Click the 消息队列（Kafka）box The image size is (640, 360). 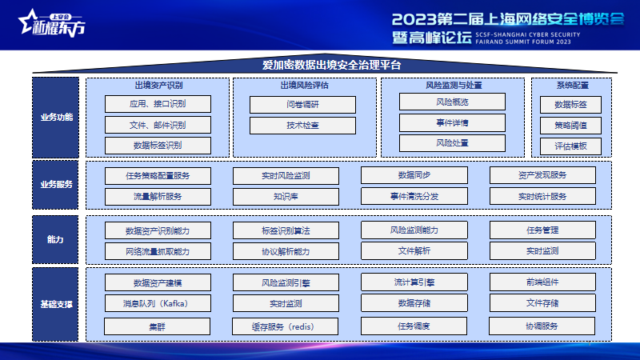point(158,303)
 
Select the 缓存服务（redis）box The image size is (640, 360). point(285,326)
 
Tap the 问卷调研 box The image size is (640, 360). point(302,105)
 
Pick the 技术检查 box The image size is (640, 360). point(302,126)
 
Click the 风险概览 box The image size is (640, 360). point(452,102)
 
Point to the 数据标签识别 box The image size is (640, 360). point(158,146)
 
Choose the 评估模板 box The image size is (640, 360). point(570,146)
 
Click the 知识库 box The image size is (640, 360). point(286,196)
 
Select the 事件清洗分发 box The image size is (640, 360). point(414,196)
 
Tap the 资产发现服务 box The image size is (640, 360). point(542,175)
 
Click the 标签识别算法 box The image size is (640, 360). point(286,230)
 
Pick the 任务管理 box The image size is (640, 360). point(542,230)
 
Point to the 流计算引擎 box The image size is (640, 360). point(414,282)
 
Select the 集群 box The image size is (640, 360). point(157,326)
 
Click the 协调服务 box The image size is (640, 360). point(542,326)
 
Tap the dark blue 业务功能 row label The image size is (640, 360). point(55,118)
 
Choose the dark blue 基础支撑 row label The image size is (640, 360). point(55,305)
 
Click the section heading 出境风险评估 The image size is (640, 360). point(305,86)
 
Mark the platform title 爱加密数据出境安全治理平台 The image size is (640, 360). point(331,65)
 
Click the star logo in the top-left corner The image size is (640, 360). point(29,22)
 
